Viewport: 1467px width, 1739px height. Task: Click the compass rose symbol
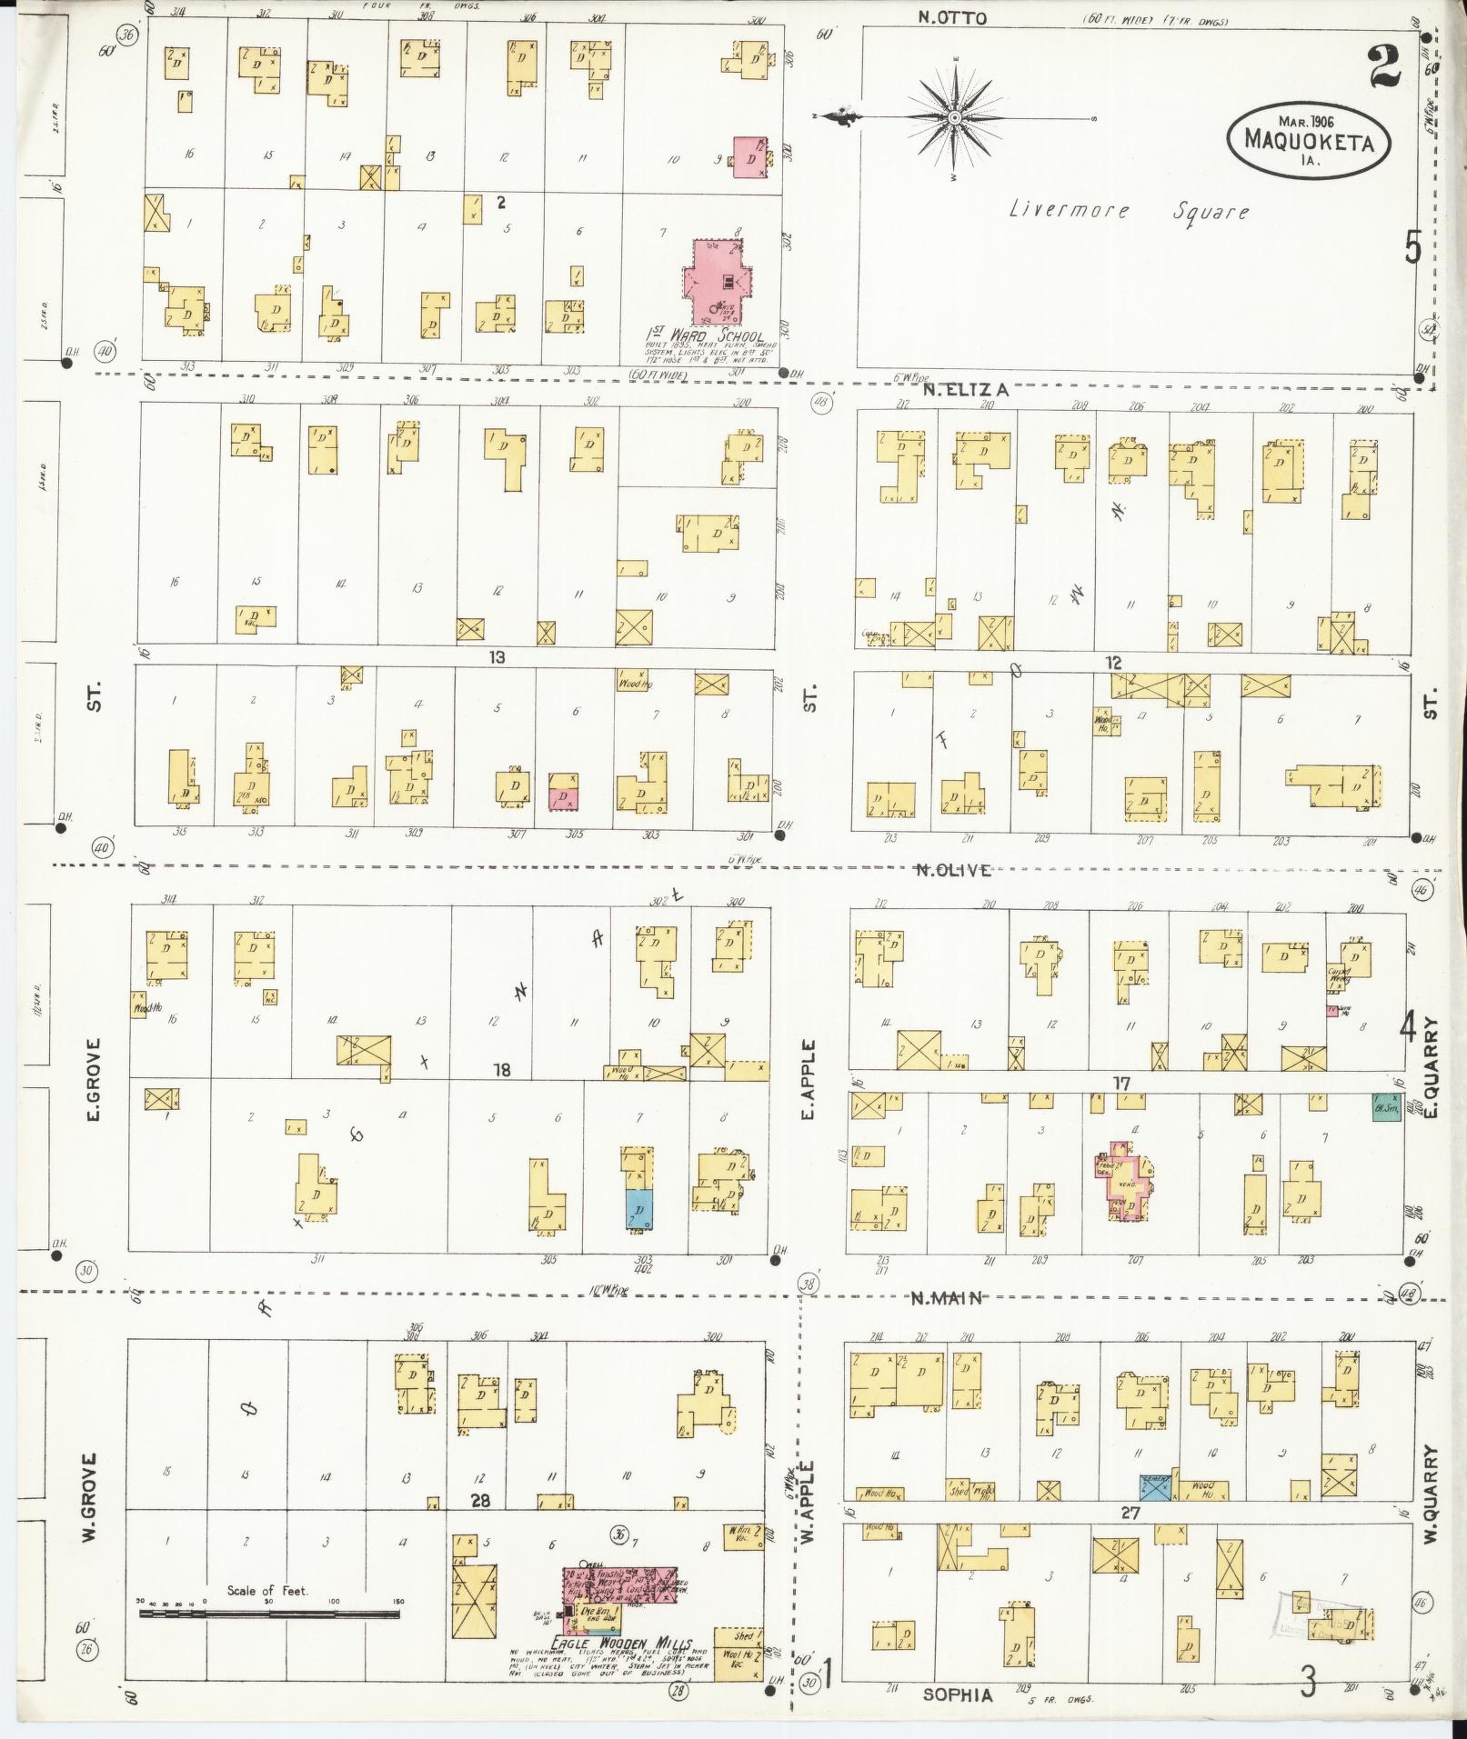pos(955,118)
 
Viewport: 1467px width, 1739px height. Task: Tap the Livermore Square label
pos(1129,211)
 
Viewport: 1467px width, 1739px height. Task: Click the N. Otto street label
pos(952,17)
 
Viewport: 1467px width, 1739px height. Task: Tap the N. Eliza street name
pos(964,390)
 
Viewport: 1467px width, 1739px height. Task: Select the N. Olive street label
pos(952,870)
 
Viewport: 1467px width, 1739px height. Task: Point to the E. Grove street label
pos(93,1079)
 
